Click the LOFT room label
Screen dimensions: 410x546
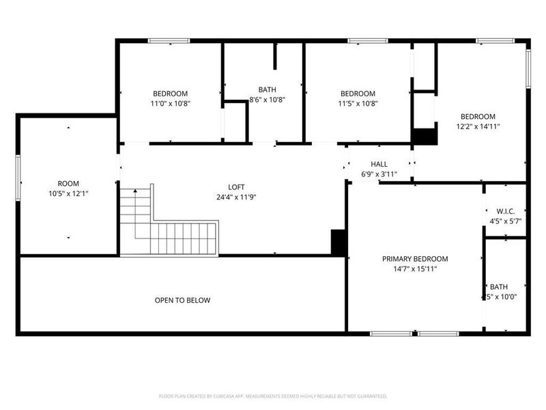(x=236, y=187)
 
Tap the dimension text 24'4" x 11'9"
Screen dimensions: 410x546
(x=236, y=197)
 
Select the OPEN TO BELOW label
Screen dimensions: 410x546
(x=182, y=300)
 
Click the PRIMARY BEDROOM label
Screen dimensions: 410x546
(x=415, y=259)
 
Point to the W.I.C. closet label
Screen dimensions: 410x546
(x=506, y=211)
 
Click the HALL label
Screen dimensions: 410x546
(x=379, y=165)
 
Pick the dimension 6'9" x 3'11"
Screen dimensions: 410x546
(x=379, y=174)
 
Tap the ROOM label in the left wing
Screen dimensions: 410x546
(x=68, y=183)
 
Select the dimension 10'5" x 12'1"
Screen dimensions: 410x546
(x=68, y=193)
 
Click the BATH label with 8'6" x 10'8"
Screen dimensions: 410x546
(x=267, y=90)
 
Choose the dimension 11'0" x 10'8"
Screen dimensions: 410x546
(x=170, y=104)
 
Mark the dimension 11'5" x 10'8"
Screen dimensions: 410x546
(x=358, y=104)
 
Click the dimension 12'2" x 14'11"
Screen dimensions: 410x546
(x=478, y=126)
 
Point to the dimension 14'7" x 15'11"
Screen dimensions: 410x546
(x=415, y=269)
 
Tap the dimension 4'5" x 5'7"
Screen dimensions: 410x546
(x=506, y=221)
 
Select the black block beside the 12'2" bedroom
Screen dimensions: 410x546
(x=425, y=136)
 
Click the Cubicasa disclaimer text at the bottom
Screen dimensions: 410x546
(x=273, y=396)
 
